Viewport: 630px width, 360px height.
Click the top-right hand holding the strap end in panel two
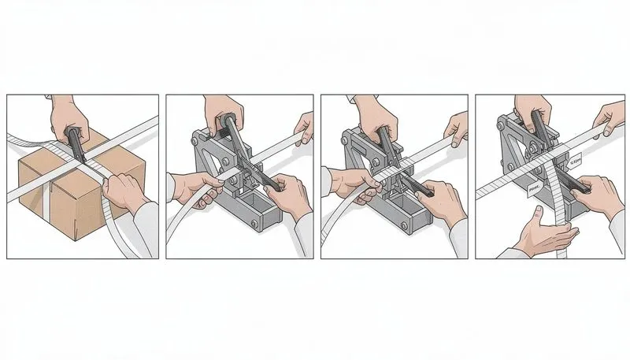303,124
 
